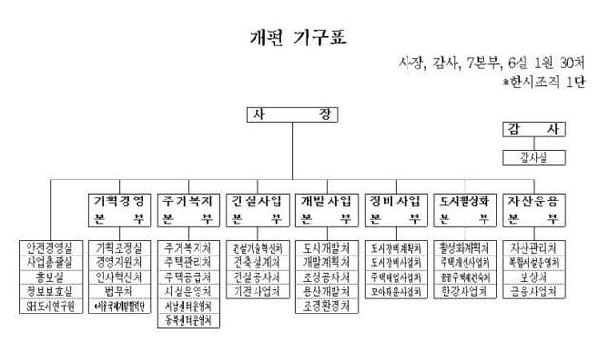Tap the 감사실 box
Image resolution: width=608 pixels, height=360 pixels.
click(539, 156)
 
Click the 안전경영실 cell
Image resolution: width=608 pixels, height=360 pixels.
click(50, 247)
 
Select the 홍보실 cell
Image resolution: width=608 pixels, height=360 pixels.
click(50, 276)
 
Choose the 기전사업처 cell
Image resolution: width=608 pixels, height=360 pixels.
click(257, 292)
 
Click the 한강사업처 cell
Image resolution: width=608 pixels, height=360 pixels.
click(469, 292)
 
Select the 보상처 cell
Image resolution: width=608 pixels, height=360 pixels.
click(539, 276)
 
